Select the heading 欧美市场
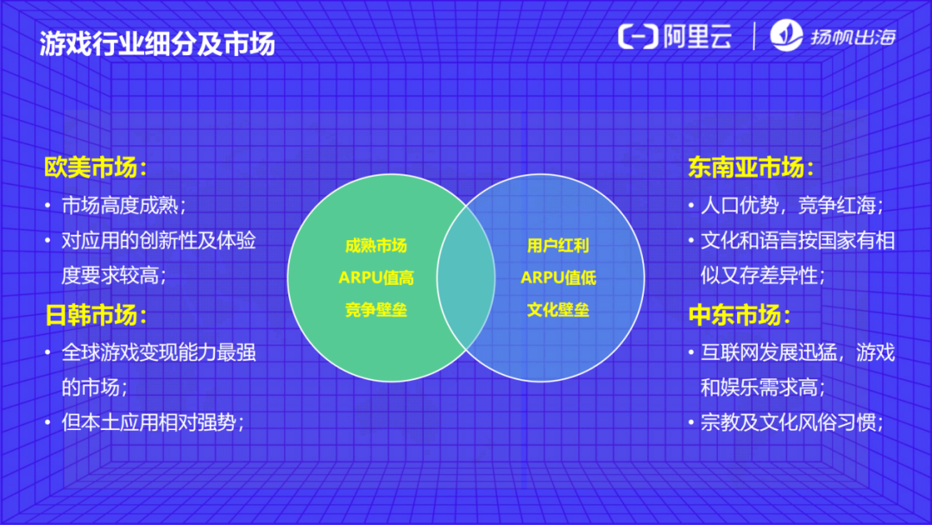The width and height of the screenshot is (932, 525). [x=95, y=168]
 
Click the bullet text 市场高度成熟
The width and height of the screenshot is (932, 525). [x=123, y=206]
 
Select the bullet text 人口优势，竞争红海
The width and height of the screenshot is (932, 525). [x=790, y=206]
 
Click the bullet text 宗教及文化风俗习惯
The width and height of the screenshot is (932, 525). [x=790, y=422]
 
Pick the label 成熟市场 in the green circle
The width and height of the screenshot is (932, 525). [x=375, y=245]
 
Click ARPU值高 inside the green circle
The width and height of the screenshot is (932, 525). [x=375, y=277]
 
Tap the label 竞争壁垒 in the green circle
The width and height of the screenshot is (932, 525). [x=375, y=310]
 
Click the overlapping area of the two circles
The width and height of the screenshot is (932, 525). [x=466, y=277]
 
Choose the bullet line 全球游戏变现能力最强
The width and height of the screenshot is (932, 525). [x=159, y=353]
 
